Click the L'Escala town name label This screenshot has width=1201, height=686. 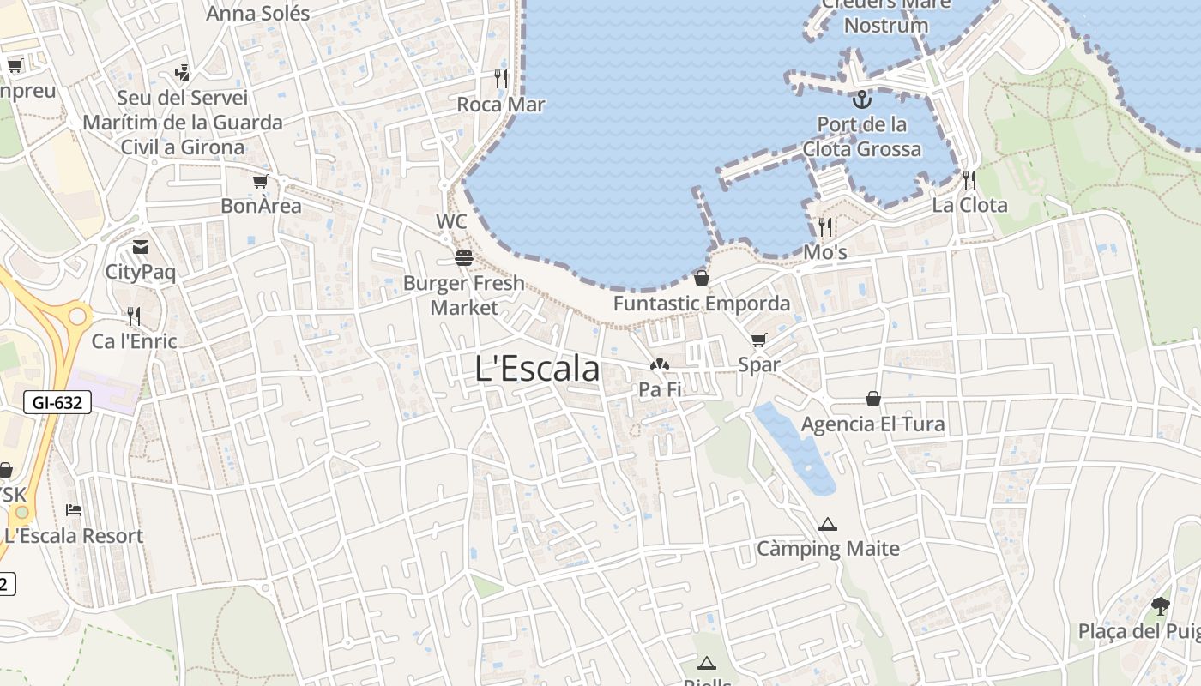coord(537,369)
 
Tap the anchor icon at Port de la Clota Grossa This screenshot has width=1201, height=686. coord(860,99)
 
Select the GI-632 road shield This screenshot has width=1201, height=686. coord(57,401)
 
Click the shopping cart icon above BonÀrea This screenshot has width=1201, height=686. coord(260,182)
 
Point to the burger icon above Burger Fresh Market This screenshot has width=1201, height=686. coord(464,257)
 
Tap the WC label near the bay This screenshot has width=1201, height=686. coord(451,221)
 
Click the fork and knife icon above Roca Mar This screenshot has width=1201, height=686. coord(501,79)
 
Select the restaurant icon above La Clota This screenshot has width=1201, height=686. coord(969,180)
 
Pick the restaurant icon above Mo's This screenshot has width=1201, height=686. coord(825,227)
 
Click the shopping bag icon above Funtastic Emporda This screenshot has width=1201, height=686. coord(702,278)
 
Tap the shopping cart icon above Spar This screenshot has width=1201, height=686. coord(758,340)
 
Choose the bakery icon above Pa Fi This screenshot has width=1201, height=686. coord(659,364)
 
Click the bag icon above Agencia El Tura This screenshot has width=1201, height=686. coord(872,399)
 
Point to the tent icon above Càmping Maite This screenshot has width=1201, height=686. coord(827,524)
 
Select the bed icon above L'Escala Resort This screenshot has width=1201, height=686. coord(74,510)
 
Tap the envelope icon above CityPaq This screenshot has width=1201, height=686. coord(140,248)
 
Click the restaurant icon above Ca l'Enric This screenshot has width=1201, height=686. coord(134,316)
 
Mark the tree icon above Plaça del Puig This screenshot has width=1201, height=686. coord(1160,606)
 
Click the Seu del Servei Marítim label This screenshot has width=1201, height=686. coord(182,123)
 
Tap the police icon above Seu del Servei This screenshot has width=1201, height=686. coord(181,73)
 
